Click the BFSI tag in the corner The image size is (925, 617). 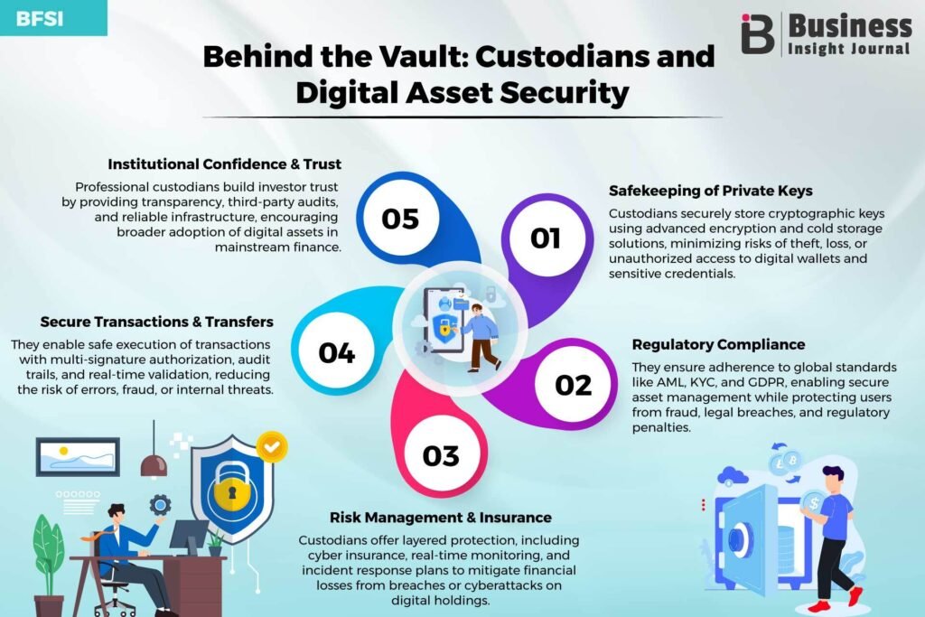click(53, 18)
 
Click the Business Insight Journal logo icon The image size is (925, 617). click(758, 34)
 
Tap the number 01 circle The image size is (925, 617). click(547, 238)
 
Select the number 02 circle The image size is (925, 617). click(574, 385)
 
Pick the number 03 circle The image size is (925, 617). click(441, 455)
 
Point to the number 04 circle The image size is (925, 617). click(337, 352)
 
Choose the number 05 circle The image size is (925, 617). click(400, 219)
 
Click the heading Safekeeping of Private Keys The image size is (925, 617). click(710, 191)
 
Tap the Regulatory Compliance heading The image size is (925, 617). click(718, 344)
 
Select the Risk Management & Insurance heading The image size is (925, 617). click(441, 518)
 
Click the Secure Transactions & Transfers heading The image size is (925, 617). click(157, 322)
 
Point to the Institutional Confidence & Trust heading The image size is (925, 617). click(224, 164)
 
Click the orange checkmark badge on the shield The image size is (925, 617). click(271, 447)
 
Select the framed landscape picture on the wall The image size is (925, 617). click(78, 456)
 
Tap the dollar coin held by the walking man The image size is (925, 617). click(814, 504)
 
